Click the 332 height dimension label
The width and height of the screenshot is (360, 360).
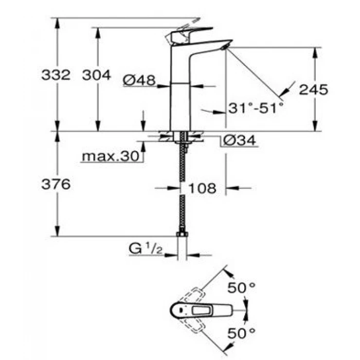56,75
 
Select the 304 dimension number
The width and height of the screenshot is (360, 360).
96,75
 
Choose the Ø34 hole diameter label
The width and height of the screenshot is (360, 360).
239,141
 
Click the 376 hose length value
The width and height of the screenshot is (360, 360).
56,185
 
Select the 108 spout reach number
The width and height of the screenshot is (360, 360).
202,188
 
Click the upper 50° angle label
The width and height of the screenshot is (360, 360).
242,288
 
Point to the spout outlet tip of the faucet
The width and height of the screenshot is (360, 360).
225,47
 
